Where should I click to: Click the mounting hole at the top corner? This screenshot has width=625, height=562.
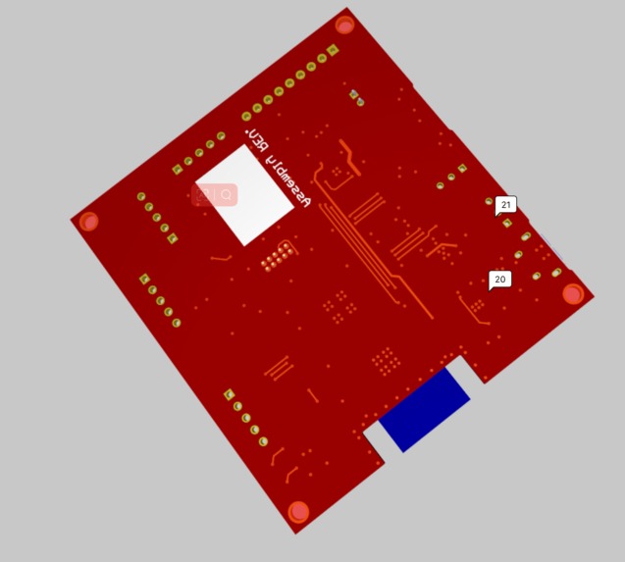[344, 25]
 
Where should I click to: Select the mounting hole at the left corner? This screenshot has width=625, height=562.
[88, 222]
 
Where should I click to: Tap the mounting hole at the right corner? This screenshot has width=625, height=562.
[573, 293]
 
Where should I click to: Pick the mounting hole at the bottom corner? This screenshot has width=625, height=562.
[298, 511]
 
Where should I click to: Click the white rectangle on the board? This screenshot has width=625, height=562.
[244, 194]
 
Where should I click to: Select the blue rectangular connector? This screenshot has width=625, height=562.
[425, 409]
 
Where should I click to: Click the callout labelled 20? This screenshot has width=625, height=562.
[499, 280]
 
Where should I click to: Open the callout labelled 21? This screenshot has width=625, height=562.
[505, 205]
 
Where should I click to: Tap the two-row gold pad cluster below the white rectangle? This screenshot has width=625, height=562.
[278, 257]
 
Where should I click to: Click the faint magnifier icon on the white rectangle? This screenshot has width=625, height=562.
[227, 195]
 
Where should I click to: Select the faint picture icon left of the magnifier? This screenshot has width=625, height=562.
[203, 194]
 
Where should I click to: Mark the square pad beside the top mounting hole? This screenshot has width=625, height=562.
[334, 50]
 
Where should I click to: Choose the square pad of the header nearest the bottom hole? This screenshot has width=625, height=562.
[229, 394]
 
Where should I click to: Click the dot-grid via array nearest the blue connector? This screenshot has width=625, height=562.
[387, 361]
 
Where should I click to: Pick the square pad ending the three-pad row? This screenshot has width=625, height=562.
[462, 169]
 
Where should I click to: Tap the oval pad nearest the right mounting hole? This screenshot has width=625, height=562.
[556, 273]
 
